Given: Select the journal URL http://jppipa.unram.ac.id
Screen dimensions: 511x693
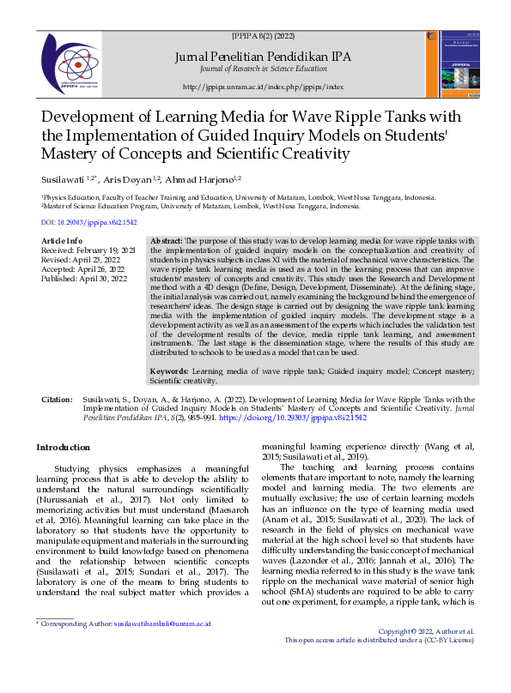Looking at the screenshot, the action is coord(264,87).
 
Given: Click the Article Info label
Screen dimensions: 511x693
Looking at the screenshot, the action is coord(62,240).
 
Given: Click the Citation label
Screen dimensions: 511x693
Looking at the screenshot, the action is coord(56,401).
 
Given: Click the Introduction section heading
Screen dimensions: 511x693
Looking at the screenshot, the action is coord(63,448).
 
